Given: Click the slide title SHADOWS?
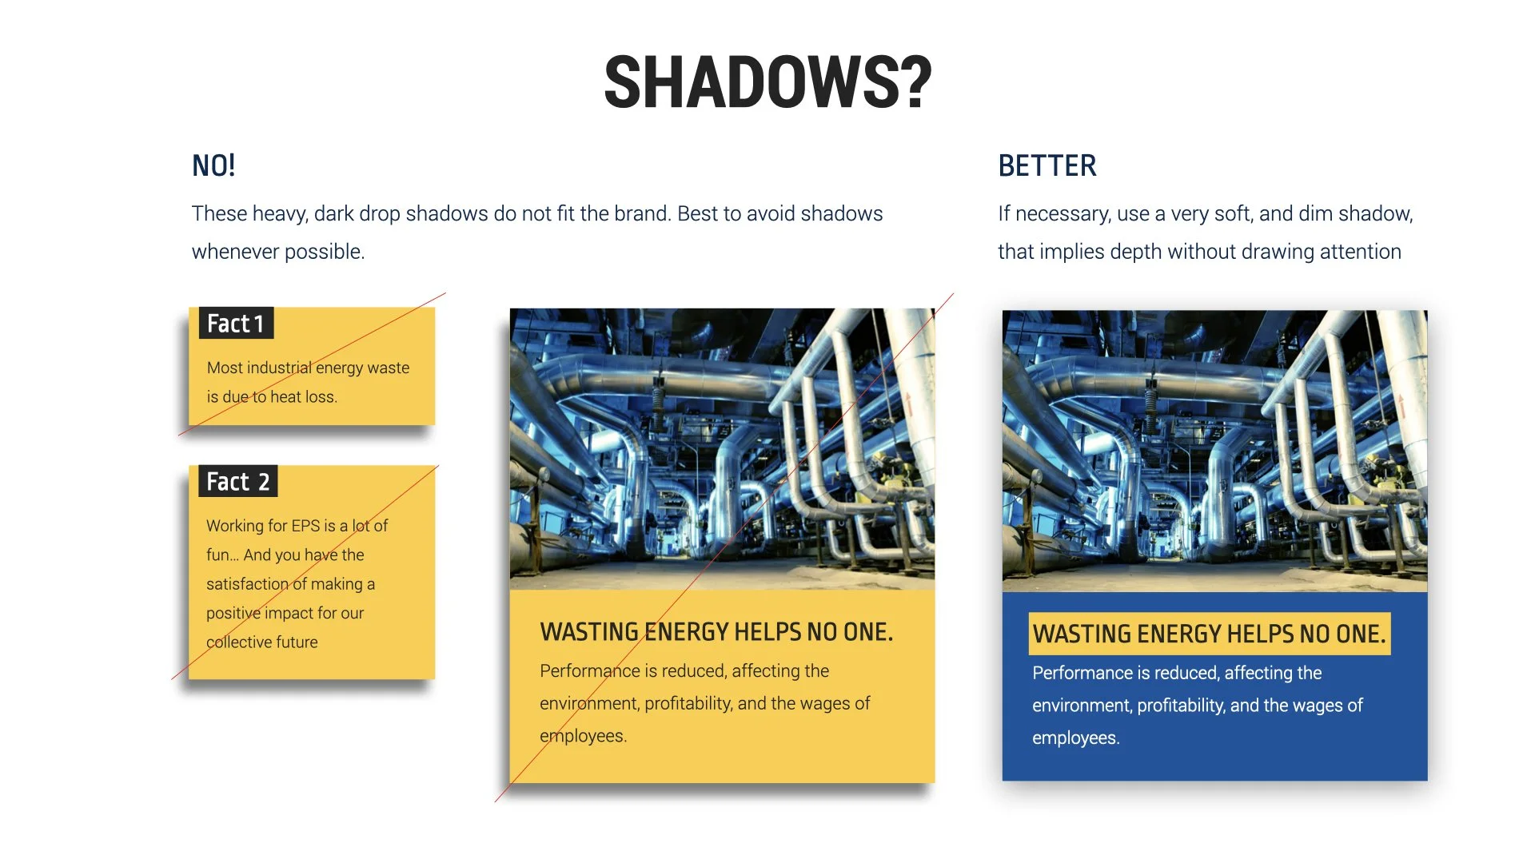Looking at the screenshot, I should pos(767,82).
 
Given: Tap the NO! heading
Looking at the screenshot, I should pos(213,166).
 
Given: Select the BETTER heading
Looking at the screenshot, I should pos(1047,166).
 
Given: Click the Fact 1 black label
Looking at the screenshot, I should pos(236,324).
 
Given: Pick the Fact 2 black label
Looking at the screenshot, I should pos(237,482).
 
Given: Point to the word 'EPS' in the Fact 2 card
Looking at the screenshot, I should pos(305,526).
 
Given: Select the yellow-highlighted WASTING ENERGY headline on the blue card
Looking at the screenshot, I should pos(1209,634).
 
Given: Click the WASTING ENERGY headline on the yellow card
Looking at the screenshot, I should pos(716,632).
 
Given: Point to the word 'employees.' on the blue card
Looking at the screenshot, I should pos(1075,738).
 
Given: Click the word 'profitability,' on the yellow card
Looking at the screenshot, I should pos(688,704).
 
